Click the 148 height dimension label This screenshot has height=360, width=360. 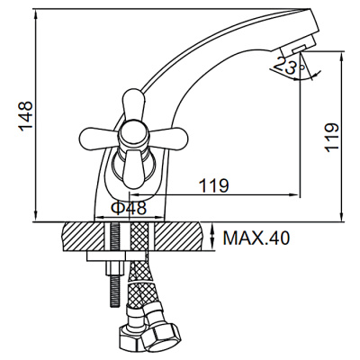tap(26, 116)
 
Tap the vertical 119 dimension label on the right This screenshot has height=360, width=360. tap(332, 138)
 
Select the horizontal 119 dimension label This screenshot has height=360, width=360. tap(214, 185)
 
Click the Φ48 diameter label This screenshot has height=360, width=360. tap(129, 208)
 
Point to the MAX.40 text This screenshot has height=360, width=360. tap(256, 238)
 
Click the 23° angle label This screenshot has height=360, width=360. tap(289, 67)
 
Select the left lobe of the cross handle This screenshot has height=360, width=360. tap(98, 136)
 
